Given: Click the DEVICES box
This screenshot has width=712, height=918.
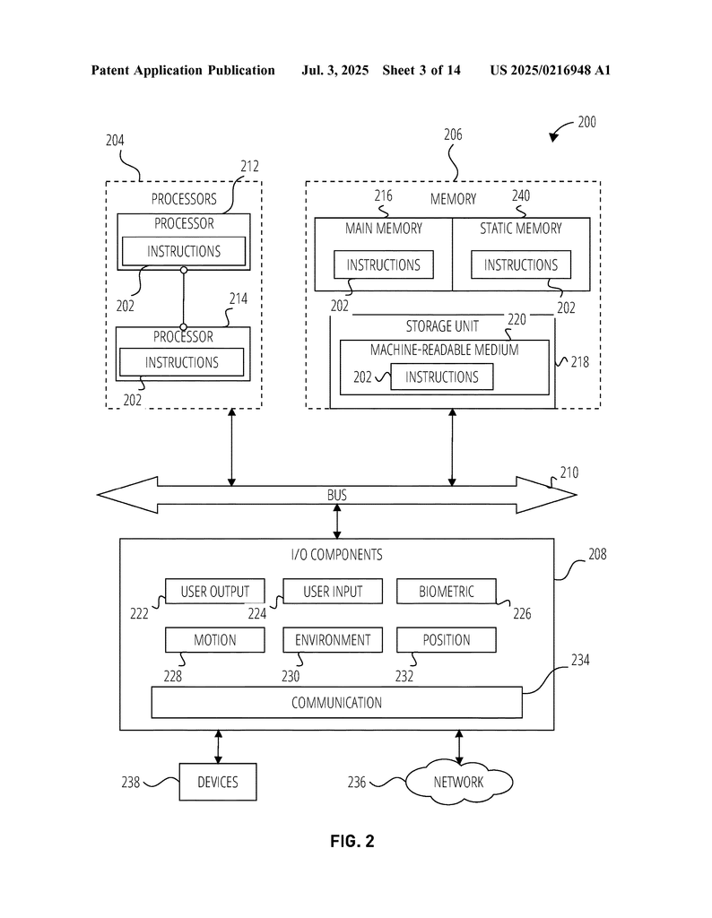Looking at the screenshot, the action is click(218, 782).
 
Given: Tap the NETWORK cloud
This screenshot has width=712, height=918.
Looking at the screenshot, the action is click(459, 782).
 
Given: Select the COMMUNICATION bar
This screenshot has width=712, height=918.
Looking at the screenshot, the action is click(336, 703).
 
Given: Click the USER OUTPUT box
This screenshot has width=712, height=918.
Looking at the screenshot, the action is click(215, 592).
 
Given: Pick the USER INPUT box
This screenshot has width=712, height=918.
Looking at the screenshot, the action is click(333, 592).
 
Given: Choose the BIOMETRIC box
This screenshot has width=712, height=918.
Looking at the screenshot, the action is click(447, 592).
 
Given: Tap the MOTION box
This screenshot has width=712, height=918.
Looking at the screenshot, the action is click(215, 640).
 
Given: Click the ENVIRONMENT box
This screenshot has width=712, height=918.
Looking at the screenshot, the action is click(333, 640).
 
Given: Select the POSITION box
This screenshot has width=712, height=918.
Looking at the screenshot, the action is click(447, 640).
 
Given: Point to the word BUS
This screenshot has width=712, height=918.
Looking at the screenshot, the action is click(336, 495).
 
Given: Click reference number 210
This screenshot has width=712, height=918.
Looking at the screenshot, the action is click(569, 472).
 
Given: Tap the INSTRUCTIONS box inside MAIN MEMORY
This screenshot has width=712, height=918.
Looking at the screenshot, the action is click(384, 264).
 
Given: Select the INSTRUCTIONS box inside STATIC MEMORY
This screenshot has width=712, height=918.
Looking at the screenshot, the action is click(520, 264).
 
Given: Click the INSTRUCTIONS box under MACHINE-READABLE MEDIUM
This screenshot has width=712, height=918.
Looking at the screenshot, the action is click(441, 377).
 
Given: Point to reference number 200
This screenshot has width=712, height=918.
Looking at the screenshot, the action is click(586, 122).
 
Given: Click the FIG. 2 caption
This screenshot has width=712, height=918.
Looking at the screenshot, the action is click(352, 841).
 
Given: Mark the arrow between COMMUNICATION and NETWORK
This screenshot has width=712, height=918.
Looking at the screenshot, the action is click(459, 747).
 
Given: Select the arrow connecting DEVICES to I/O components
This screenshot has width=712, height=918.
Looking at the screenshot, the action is click(219, 747).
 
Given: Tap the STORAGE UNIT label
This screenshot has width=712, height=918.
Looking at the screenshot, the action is click(442, 326).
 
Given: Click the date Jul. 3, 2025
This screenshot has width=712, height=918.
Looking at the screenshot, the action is click(334, 70).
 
